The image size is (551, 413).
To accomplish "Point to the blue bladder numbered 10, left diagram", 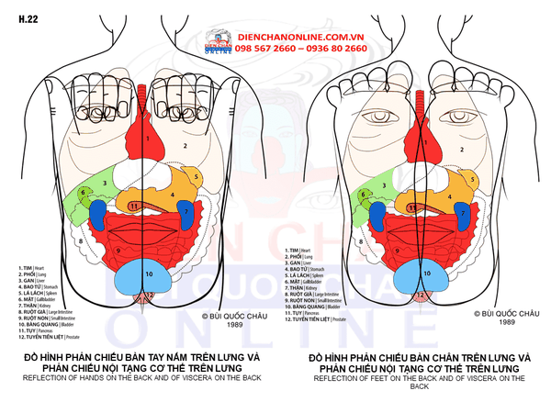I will click(148, 273).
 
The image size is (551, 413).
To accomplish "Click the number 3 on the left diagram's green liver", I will click(106, 183).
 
